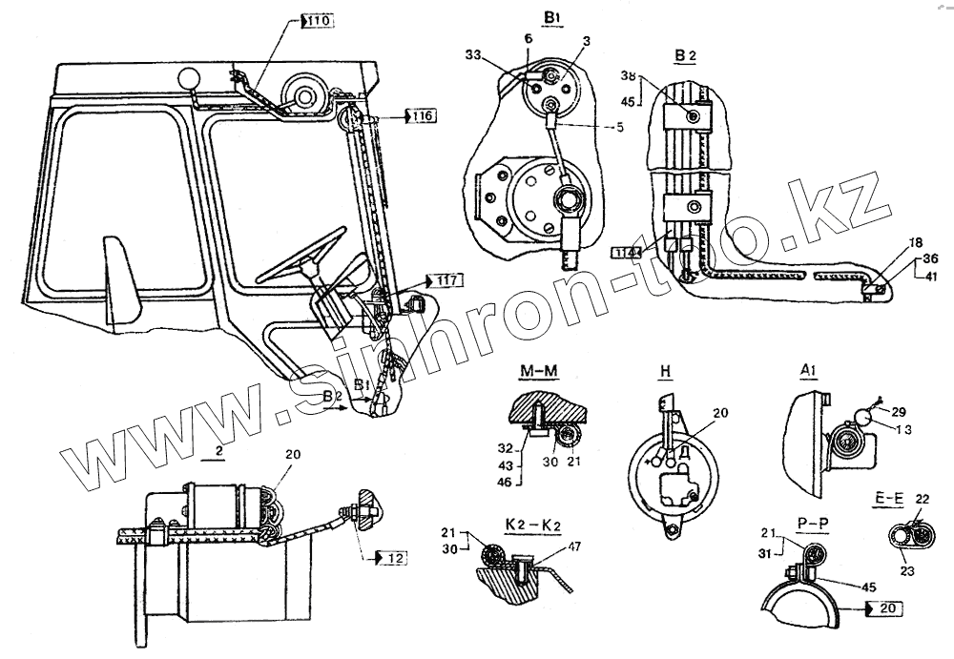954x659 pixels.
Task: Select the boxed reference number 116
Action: click(422, 116)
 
